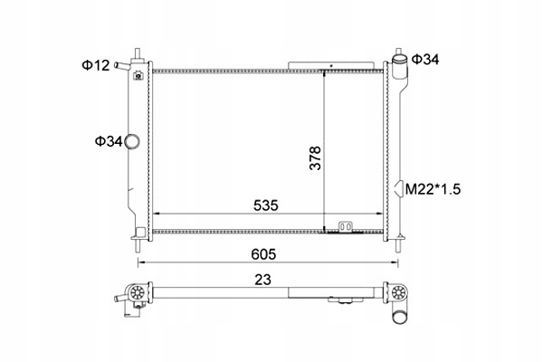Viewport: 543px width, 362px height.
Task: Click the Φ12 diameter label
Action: [x=96, y=65]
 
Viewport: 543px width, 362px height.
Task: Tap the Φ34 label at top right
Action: [x=425, y=60]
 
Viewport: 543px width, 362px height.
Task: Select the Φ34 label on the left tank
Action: [x=109, y=141]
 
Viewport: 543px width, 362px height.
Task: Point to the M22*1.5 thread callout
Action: [x=433, y=189]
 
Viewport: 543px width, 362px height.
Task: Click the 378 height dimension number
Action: [x=315, y=158]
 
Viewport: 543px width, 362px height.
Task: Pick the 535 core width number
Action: [x=265, y=205]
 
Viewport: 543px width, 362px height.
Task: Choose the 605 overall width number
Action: [x=263, y=254]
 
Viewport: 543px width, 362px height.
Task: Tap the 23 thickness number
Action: [x=262, y=280]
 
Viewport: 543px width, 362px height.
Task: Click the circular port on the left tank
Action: [x=132, y=141]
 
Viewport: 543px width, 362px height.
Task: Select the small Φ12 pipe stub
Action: [x=122, y=65]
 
